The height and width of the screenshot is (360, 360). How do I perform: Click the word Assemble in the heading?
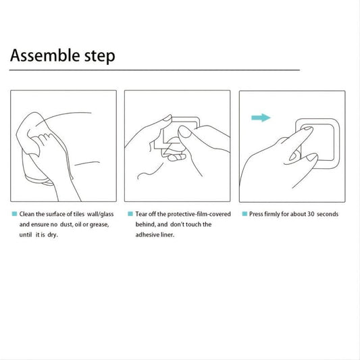coord(45,55)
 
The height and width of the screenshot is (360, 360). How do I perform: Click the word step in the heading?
coord(100,57)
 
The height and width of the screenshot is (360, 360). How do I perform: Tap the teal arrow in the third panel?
coord(261,118)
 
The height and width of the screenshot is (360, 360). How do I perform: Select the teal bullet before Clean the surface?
coord(14,214)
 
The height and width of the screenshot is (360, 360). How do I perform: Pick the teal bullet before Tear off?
coord(130,214)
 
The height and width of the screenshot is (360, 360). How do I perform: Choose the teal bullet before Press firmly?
coord(245,214)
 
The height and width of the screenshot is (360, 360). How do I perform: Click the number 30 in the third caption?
coord(311,214)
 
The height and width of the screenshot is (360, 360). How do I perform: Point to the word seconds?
coord(328,214)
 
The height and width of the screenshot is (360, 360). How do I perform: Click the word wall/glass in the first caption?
coord(101,214)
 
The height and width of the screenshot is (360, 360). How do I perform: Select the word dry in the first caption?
coord(53,235)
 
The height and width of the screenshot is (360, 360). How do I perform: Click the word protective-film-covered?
coord(199,214)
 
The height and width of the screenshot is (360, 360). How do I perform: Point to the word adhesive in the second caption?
coord(147,234)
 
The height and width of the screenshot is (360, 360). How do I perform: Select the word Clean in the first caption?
coord(26,214)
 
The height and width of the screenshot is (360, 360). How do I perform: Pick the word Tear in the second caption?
coord(141,214)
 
